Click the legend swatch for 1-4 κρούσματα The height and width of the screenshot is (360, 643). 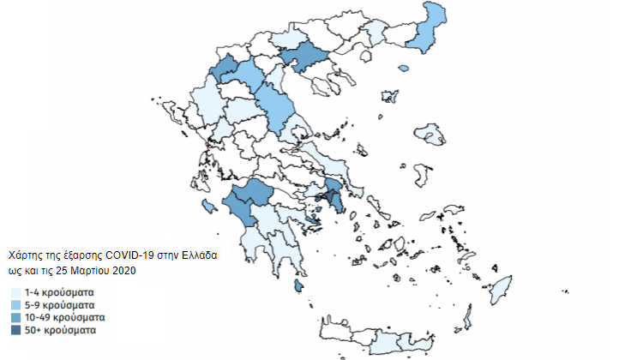point(15,293)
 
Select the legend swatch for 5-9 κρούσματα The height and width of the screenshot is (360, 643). point(15,305)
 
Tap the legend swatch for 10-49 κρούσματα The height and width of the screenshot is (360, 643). point(15,317)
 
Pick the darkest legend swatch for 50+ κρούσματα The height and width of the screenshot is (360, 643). point(15,329)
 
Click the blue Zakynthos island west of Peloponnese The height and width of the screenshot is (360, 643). point(208,206)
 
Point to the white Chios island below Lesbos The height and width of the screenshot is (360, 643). point(419,175)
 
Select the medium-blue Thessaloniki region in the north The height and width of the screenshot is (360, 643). point(306,58)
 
